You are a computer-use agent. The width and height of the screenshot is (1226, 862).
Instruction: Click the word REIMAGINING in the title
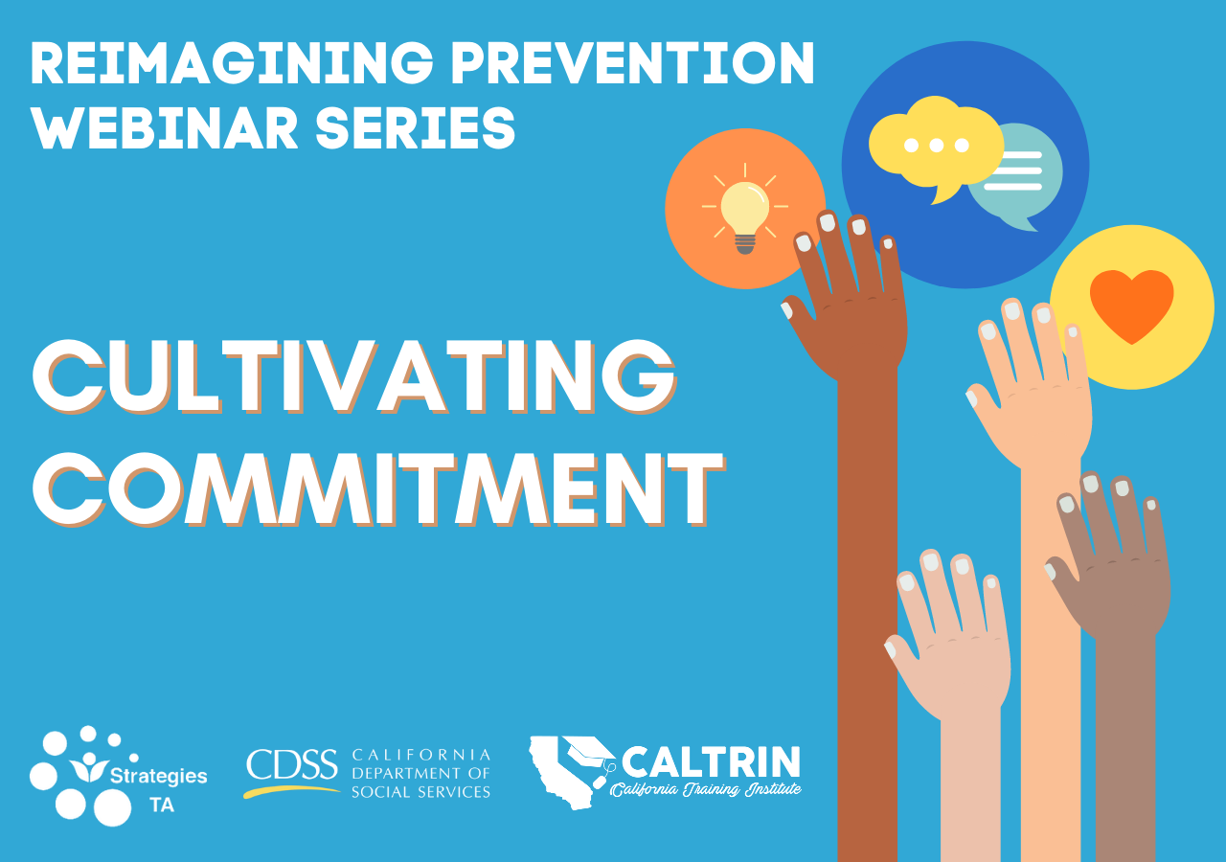click(x=232, y=63)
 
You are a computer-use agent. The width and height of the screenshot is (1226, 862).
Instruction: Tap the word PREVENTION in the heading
click(x=632, y=63)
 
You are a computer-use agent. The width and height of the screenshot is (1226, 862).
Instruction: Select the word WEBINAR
click(x=164, y=128)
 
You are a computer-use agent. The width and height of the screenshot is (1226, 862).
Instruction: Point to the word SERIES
click(x=416, y=128)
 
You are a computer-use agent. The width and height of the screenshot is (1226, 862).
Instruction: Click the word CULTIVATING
click(x=354, y=376)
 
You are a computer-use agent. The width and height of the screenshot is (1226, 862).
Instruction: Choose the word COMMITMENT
click(x=378, y=489)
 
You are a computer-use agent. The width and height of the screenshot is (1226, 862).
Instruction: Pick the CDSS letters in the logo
click(x=291, y=763)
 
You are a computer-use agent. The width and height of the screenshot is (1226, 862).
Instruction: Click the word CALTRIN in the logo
click(x=711, y=761)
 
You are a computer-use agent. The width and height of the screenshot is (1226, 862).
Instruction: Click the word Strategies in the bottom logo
click(x=159, y=776)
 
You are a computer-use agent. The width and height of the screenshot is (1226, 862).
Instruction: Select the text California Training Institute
click(x=706, y=790)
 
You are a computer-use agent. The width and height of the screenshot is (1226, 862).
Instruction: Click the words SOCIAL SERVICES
click(x=420, y=792)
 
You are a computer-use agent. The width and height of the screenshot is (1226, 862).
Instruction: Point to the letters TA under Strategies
click(x=162, y=805)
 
